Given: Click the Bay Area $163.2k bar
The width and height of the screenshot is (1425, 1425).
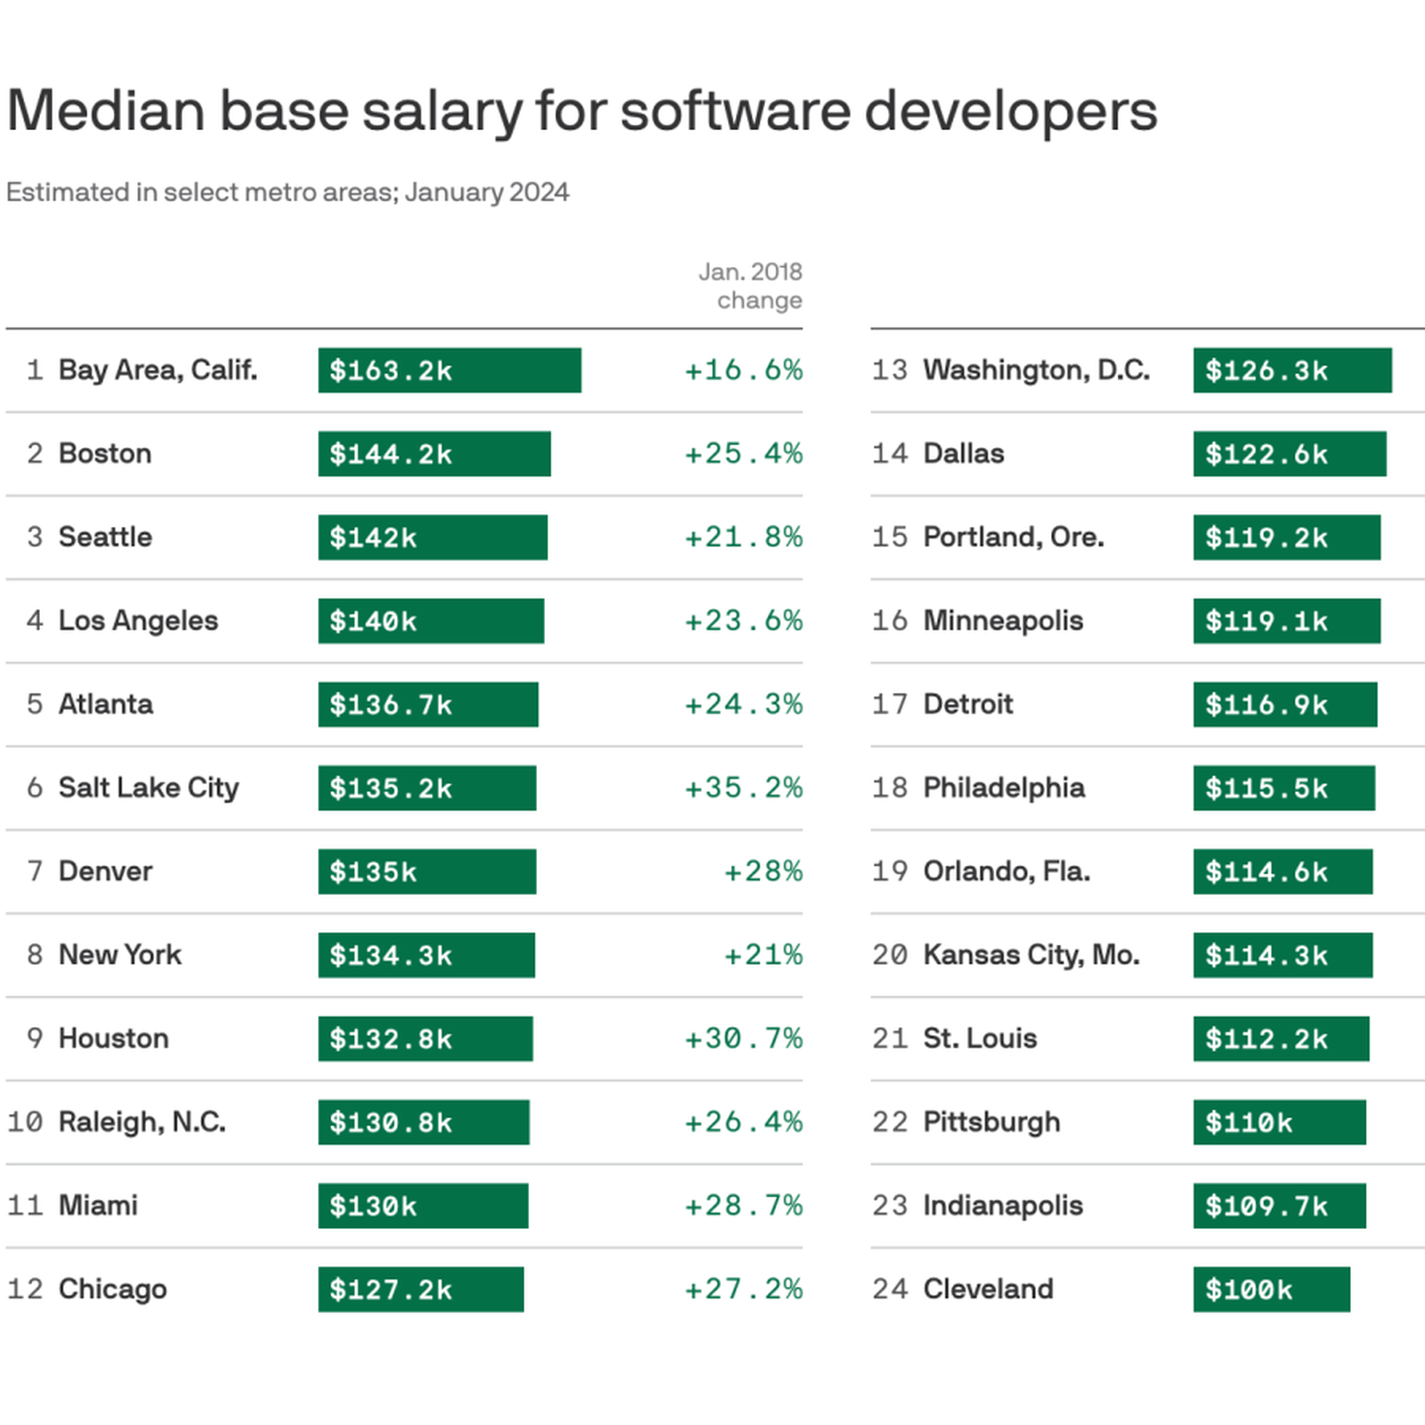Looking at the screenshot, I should click(x=449, y=370).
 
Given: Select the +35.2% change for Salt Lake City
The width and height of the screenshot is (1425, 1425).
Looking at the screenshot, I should click(x=743, y=788).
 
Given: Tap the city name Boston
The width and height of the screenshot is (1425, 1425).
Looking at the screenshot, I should click(x=105, y=453).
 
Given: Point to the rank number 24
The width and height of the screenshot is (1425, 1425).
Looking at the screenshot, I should click(x=890, y=1289).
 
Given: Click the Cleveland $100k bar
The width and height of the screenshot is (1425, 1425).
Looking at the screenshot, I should click(x=1271, y=1289).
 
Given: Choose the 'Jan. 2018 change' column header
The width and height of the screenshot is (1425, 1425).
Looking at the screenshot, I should click(x=750, y=286).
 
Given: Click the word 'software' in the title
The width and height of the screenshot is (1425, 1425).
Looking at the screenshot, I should click(x=734, y=111).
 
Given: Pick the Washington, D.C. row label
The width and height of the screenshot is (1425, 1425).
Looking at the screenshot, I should click(x=1036, y=370).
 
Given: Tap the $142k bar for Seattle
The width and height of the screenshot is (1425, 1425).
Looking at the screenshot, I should click(x=432, y=537).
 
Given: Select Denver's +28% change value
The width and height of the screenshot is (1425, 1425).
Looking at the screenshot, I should click(x=763, y=871).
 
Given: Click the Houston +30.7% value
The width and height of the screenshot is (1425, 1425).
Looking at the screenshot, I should click(x=743, y=1038).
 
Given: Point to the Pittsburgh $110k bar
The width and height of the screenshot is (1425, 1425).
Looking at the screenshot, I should click(x=1279, y=1122).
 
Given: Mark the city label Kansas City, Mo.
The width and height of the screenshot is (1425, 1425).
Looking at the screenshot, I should click(x=1030, y=955).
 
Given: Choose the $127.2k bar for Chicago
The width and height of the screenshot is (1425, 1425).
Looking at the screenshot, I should click(x=420, y=1289).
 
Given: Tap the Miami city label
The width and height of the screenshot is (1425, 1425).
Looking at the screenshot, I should click(x=98, y=1206).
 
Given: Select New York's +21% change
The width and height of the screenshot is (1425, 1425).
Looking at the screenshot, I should click(x=763, y=955).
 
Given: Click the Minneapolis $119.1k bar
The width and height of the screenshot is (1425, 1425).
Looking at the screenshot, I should click(x=1286, y=621).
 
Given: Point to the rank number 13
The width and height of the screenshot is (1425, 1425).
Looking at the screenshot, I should click(x=890, y=370).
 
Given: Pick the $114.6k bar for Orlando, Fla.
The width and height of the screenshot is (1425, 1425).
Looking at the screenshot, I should click(x=1282, y=871).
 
